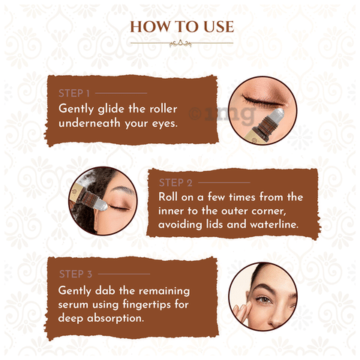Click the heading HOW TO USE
(182, 27)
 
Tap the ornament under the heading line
(181, 43)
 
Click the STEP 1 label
(74, 93)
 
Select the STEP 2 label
(175, 183)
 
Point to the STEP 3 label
(76, 274)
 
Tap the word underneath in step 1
(89, 123)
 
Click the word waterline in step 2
(274, 224)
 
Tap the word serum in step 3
(73, 305)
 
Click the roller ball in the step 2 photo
(100, 205)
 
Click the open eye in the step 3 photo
(264, 299)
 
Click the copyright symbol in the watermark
(195, 113)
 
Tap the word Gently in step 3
(74, 291)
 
